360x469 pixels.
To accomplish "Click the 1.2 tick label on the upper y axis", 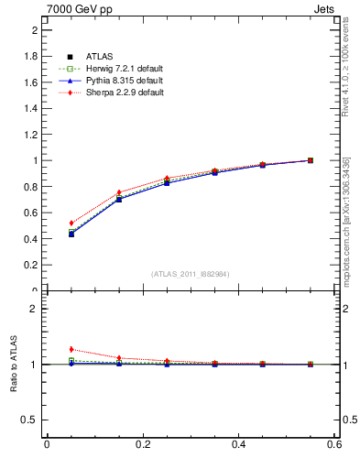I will [x=30, y=135].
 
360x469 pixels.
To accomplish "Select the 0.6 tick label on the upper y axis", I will [x=30, y=213].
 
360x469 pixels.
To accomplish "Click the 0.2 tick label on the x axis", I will [x=142, y=444].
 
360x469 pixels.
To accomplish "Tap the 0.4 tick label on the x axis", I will [x=238, y=444].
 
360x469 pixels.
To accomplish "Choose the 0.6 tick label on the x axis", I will [x=333, y=444].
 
